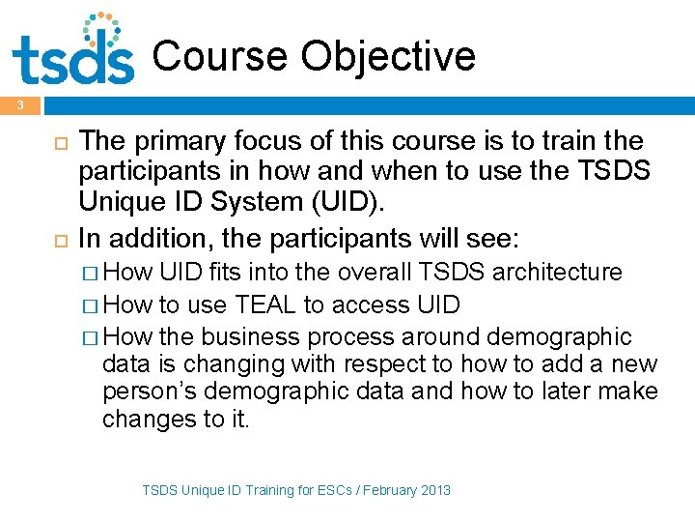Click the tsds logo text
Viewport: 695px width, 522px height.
tap(72, 60)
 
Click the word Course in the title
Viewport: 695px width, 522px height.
tap(220, 56)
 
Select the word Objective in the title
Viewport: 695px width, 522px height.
tap(388, 56)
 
